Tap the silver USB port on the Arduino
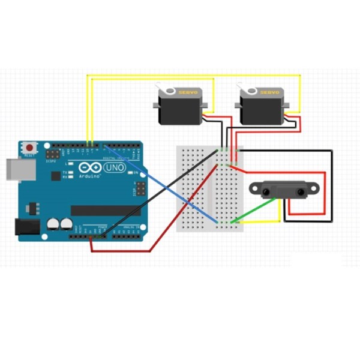(13, 169)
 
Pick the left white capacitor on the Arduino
(53, 224)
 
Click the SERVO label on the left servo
(191, 92)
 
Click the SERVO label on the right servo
(270, 92)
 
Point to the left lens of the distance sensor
(266, 191)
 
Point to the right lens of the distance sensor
(298, 191)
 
